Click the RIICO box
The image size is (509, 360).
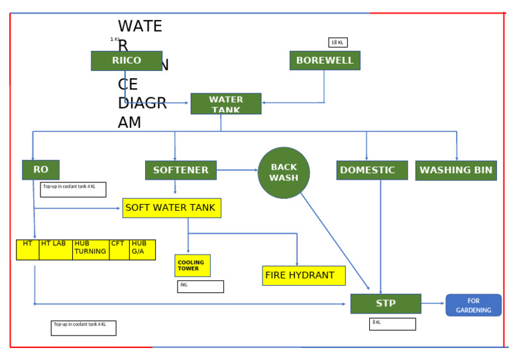pos(126,60)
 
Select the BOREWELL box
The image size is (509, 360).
pos(325,60)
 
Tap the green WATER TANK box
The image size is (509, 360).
pos(226,103)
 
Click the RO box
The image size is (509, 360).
pos(40,170)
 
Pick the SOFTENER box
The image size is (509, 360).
pos(181,170)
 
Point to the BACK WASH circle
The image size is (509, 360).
pos(284,173)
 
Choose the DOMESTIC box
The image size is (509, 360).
pos(372,170)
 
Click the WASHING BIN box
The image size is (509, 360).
pos(456,170)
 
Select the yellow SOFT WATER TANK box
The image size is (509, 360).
pos(171,208)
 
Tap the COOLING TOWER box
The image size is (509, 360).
pos(192,266)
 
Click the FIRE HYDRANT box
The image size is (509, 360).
pos(304,275)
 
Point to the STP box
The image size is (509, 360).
pos(386,304)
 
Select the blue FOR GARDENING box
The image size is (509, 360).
pos(473,305)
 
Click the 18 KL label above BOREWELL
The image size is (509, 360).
pos(337,42)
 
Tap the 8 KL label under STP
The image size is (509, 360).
pos(392,324)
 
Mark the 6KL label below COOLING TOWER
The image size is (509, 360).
pos(200,286)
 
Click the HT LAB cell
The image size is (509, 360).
pos(56,249)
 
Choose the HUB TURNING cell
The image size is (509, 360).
pos(91,249)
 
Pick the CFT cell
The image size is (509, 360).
pos(119,249)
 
